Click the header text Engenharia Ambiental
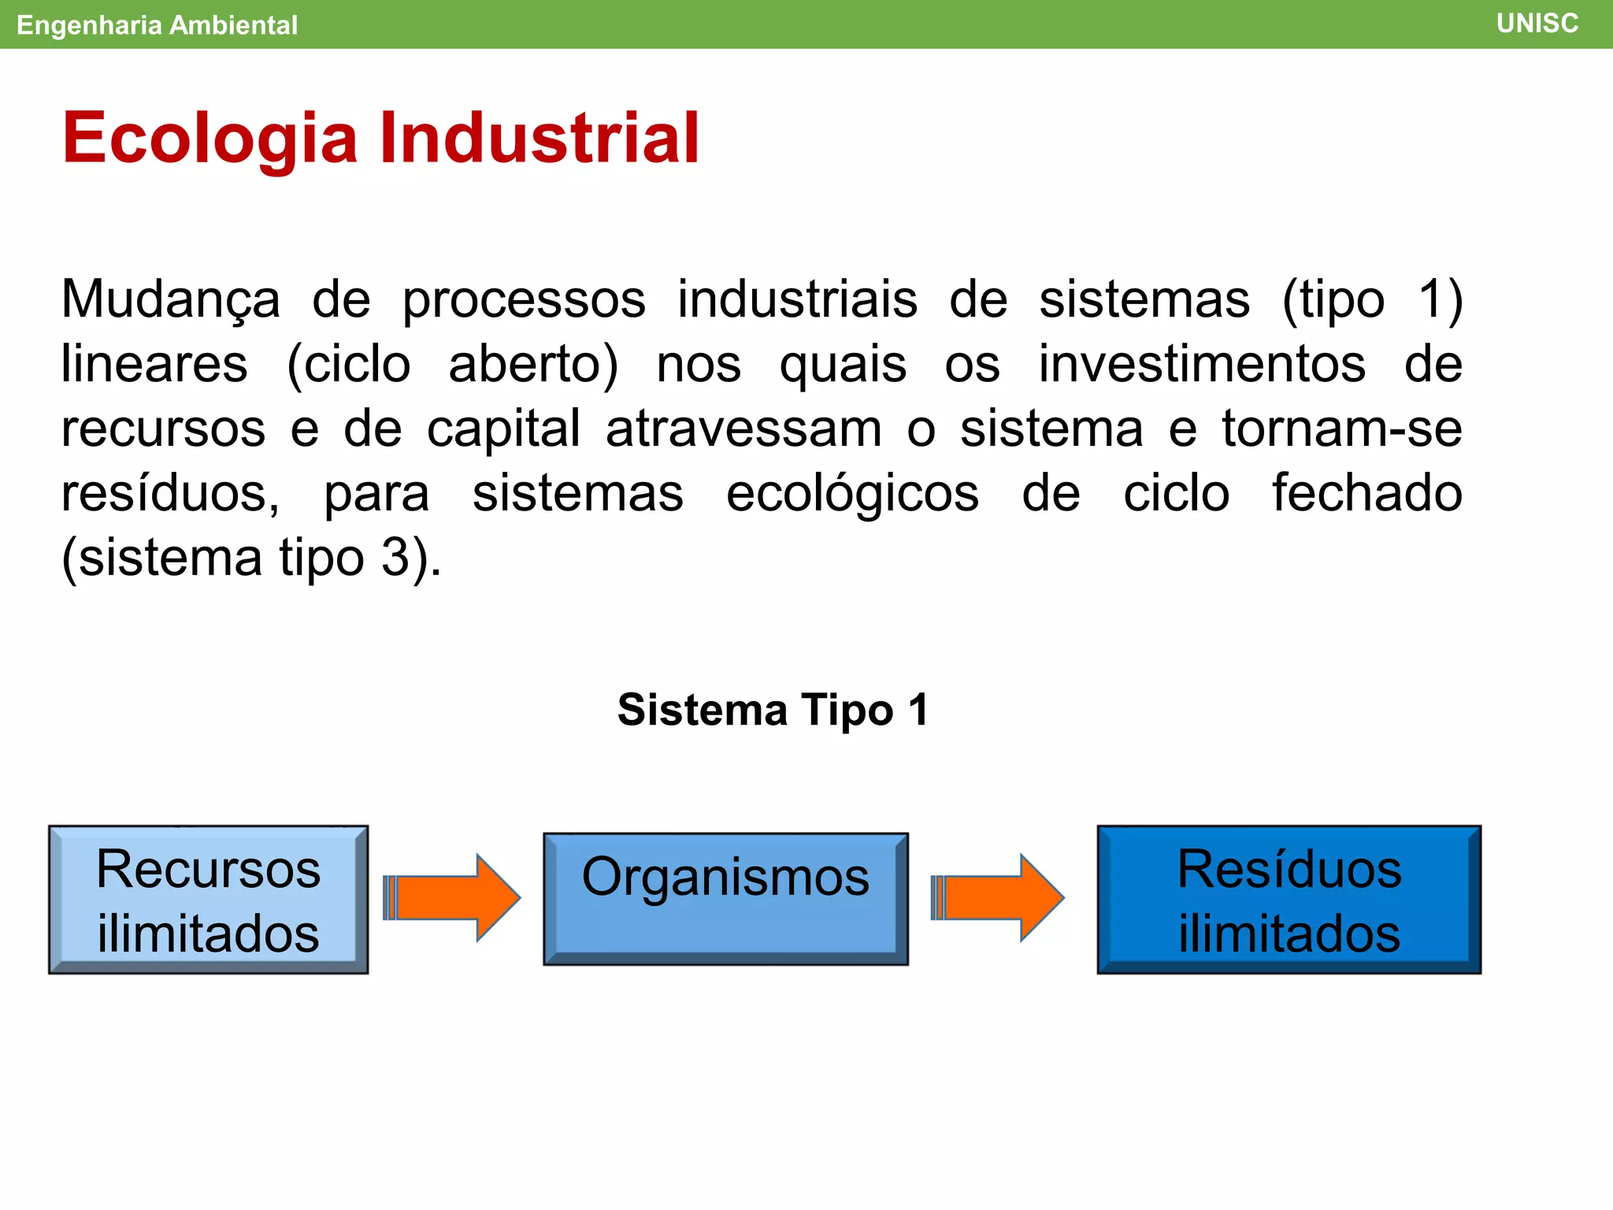(157, 25)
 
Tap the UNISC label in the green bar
(1537, 24)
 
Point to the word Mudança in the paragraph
(170, 301)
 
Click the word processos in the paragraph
(524, 301)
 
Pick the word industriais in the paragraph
(797, 299)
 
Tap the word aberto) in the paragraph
(533, 365)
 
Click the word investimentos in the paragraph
(1202, 365)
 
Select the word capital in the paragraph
(503, 429)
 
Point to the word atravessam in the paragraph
(743, 429)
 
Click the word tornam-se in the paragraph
(1341, 429)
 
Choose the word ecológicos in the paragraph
(852, 495)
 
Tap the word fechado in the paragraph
(1366, 493)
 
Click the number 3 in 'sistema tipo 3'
(395, 558)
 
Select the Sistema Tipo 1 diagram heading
(773, 710)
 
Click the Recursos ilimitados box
(208, 900)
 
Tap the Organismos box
(725, 899)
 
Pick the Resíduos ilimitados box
(1289, 900)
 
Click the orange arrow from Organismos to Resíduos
(999, 897)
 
